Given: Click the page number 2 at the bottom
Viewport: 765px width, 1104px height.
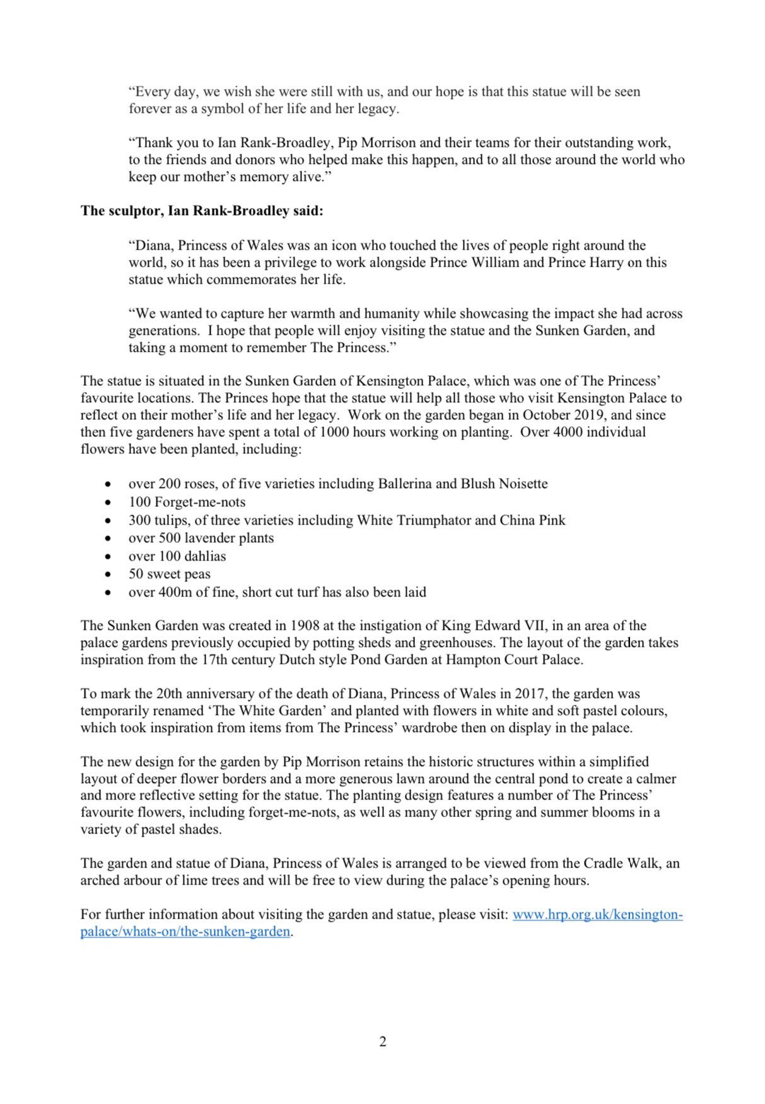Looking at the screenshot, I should click(x=382, y=1042).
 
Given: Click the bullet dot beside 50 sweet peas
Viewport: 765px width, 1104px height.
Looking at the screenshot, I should click(x=110, y=575).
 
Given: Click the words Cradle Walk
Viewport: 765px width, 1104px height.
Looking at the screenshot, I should click(x=621, y=863).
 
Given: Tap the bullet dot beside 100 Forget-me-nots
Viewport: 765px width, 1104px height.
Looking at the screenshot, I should click(x=110, y=503).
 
